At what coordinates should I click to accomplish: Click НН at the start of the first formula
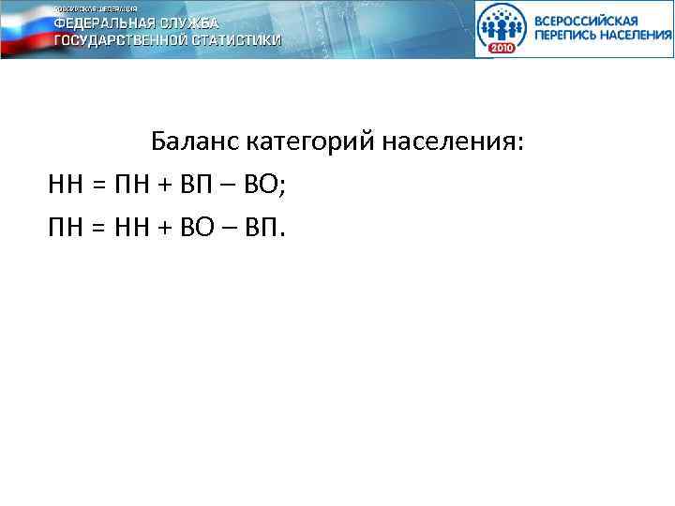(66, 185)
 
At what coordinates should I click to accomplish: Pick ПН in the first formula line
(131, 185)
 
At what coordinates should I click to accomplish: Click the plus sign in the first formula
(166, 186)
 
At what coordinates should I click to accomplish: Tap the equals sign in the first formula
(97, 186)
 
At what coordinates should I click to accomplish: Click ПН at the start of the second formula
(66, 226)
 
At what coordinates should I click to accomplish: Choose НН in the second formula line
(131, 226)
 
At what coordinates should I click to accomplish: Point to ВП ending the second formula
(264, 226)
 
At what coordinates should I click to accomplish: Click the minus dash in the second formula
(232, 228)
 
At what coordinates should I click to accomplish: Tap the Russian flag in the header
(23, 28)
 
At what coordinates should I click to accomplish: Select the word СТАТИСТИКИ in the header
(232, 40)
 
